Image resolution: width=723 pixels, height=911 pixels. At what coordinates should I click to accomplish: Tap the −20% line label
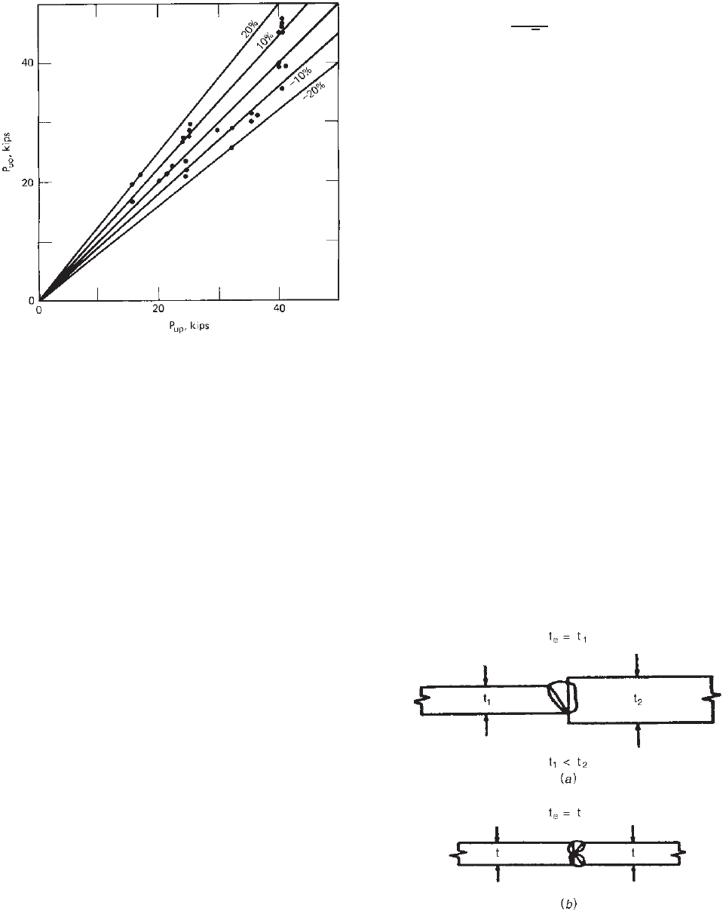click(314, 90)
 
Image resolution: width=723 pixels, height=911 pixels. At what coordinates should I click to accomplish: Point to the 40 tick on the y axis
click(29, 63)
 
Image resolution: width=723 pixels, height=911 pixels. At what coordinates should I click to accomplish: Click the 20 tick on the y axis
click(29, 183)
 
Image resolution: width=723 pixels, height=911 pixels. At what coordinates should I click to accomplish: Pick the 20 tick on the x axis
click(159, 309)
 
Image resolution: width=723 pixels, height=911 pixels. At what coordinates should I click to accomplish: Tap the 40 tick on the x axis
click(279, 309)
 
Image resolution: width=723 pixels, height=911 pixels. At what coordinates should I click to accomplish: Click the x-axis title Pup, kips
click(188, 327)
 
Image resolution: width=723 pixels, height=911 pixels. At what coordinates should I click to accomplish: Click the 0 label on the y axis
click(32, 300)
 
